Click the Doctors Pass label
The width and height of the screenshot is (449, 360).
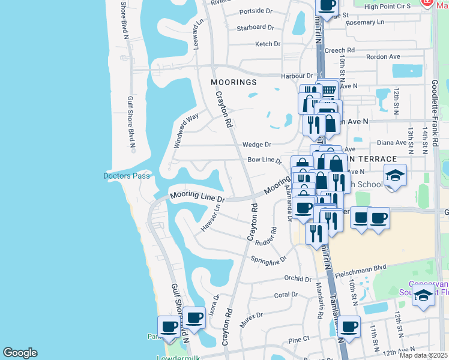(126, 176)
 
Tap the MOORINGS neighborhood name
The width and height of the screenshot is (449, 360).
(234, 82)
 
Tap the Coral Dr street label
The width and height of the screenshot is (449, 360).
(286, 295)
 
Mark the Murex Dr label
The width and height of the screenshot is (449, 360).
(251, 316)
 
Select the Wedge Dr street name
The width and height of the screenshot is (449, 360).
(257, 145)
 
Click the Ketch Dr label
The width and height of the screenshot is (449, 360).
(268, 44)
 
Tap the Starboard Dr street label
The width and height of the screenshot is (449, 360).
(255, 28)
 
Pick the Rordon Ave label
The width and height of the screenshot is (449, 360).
(387, 57)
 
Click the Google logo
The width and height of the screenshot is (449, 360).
(20, 353)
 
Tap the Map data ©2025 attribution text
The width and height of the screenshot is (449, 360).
(423, 355)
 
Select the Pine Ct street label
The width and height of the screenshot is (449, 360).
(298, 340)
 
